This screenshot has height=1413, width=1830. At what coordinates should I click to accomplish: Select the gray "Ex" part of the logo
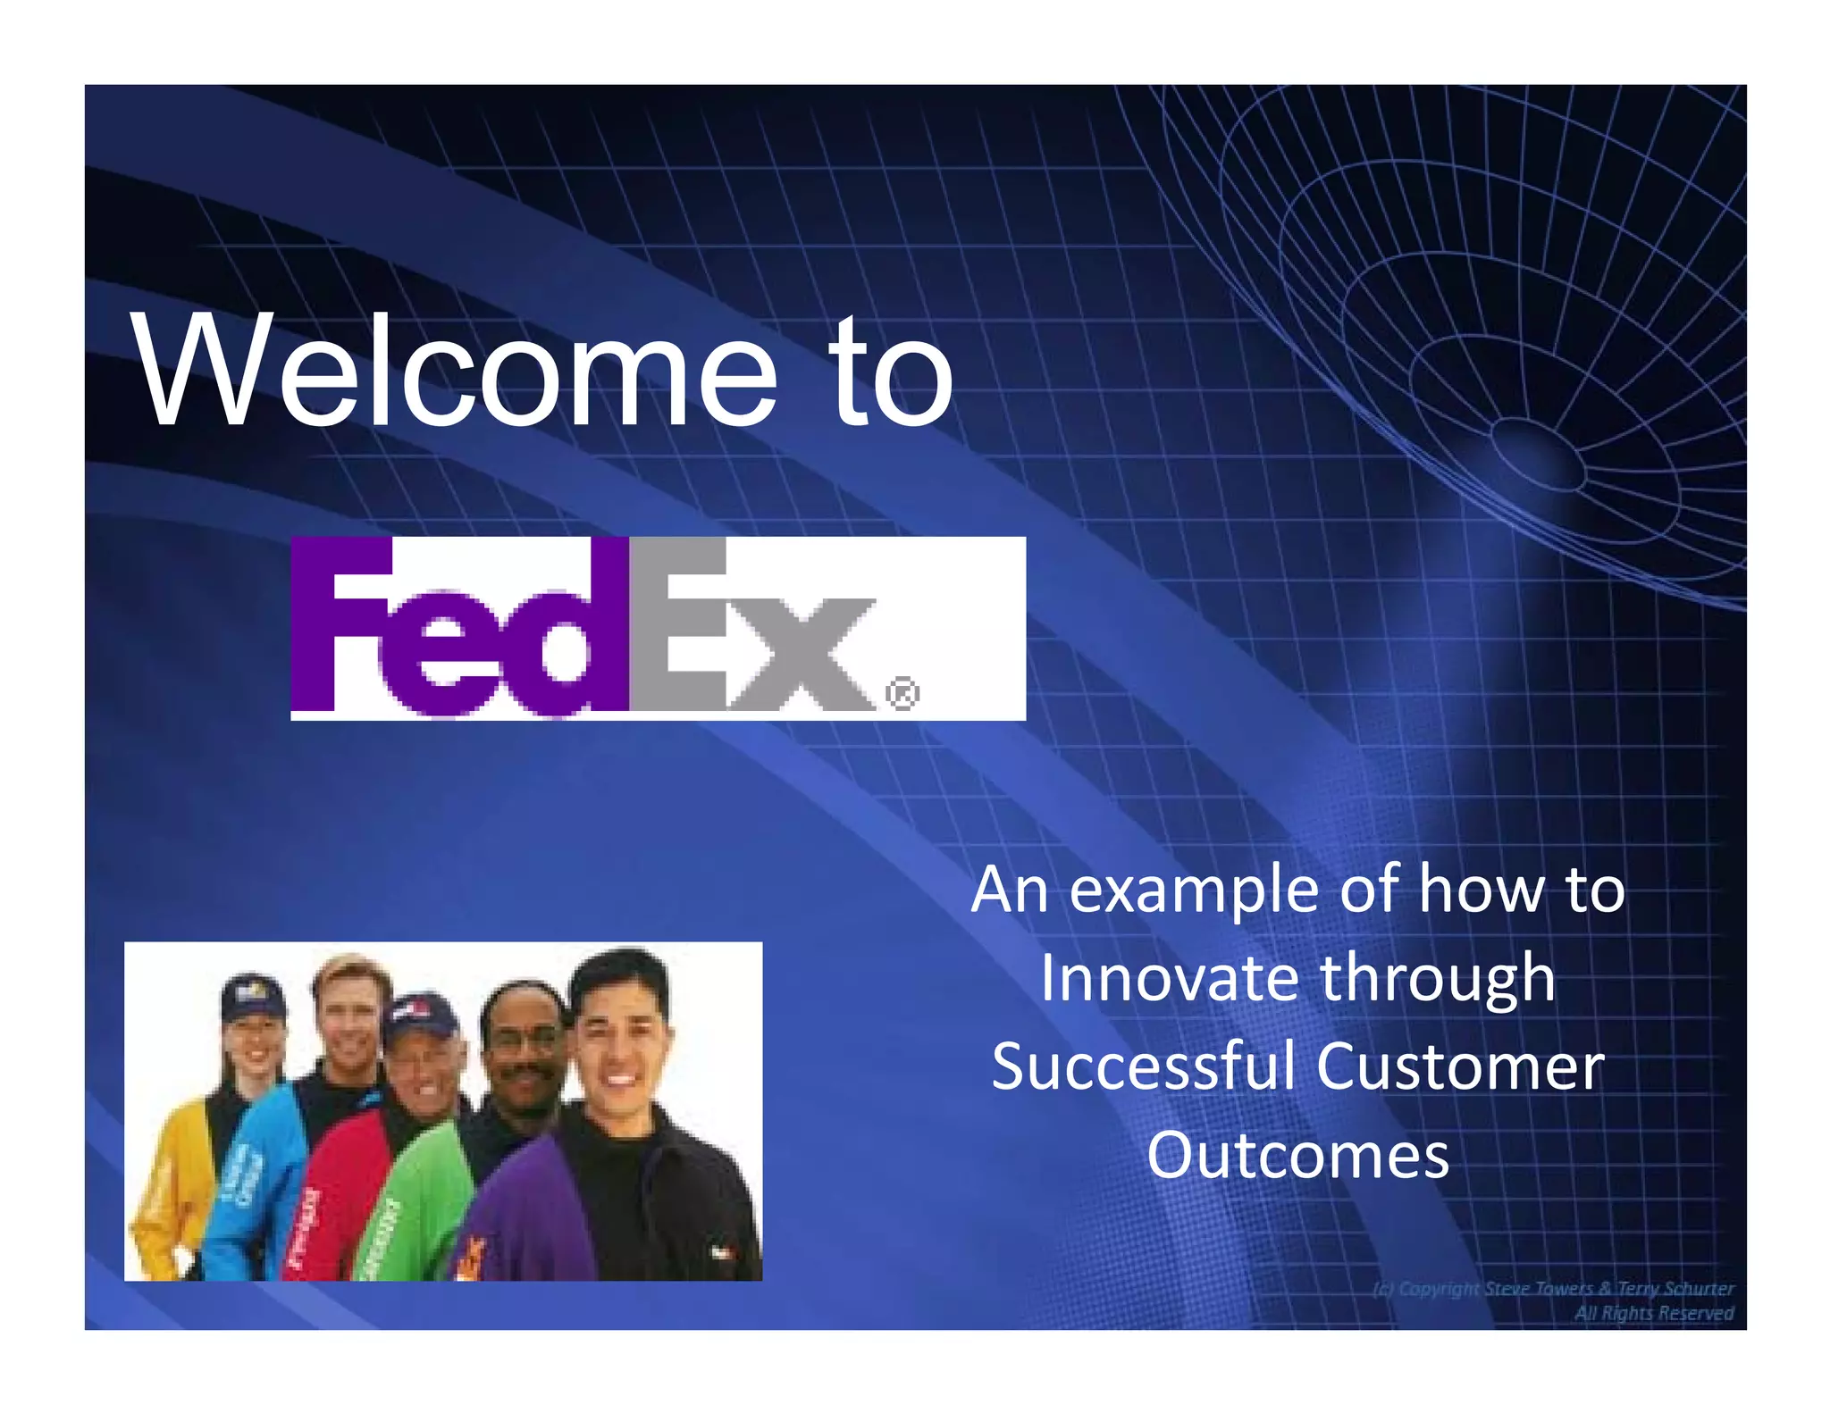pos(751,630)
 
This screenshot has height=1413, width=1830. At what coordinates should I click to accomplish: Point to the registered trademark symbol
pos(902,694)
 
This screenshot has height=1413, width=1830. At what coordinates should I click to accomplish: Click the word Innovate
pos(1169,978)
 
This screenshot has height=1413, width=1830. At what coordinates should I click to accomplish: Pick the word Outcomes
pos(1297,1155)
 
